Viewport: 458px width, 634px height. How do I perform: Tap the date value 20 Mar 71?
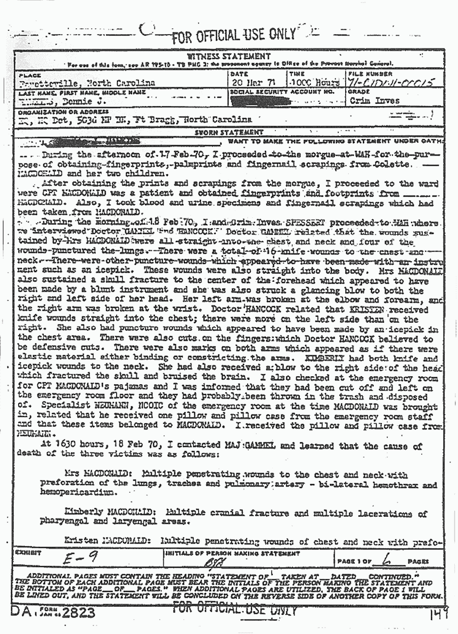pyautogui.click(x=250, y=83)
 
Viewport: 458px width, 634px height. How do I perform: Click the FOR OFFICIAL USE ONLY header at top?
pyautogui.click(x=233, y=35)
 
